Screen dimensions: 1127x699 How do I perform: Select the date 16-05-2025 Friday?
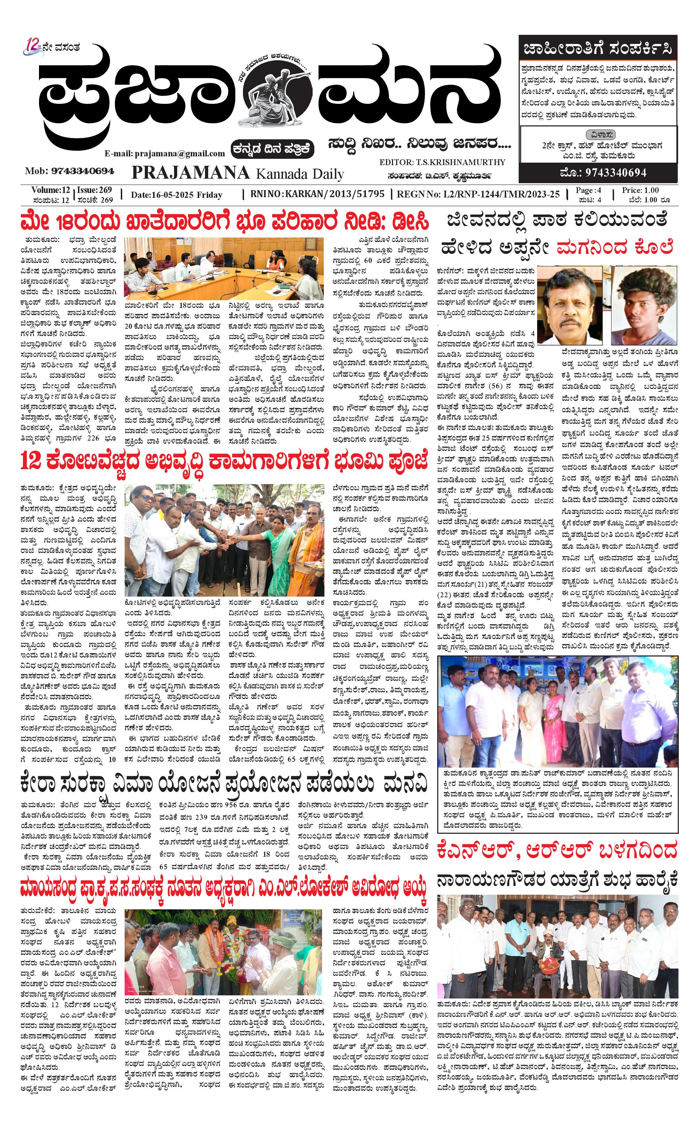[176, 195]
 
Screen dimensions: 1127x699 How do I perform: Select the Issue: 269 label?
[95, 190]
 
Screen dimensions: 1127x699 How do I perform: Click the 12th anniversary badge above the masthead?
[33, 47]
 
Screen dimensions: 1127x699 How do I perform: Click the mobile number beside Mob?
[83, 171]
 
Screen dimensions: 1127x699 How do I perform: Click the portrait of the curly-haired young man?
[644, 305]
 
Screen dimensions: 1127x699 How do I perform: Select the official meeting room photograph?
[224, 269]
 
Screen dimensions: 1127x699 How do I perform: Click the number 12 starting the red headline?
[31, 461]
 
